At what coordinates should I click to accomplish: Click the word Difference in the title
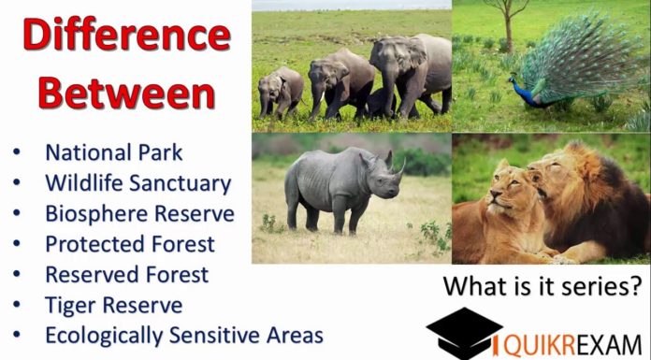point(125,36)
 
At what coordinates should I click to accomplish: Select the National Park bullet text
point(113,152)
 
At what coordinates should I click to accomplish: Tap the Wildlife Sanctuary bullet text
point(137,182)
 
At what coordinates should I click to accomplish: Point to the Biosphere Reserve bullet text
point(139,213)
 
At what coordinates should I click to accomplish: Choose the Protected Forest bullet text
point(129,244)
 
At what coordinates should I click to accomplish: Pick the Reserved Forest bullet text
point(126,275)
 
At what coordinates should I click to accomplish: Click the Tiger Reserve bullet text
point(113,305)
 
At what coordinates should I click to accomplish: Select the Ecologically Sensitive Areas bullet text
point(183,335)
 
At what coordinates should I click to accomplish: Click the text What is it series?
point(543,285)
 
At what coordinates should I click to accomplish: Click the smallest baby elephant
point(282,90)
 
